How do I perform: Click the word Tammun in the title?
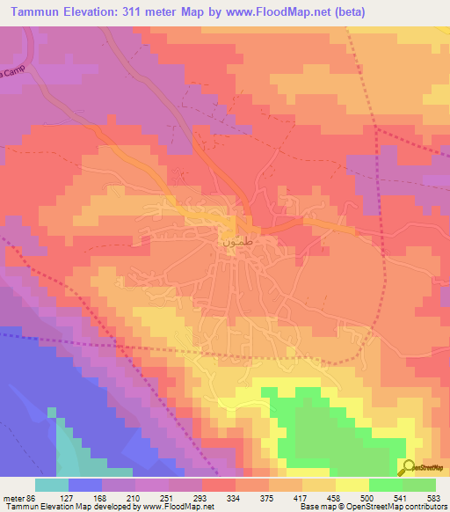[x=36, y=12]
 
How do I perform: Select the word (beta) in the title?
[x=345, y=12]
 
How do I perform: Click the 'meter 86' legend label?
[x=18, y=497]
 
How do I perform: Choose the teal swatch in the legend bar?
[x=52, y=485]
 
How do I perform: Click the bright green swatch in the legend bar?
[x=385, y=485]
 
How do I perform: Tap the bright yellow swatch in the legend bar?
[x=352, y=485]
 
